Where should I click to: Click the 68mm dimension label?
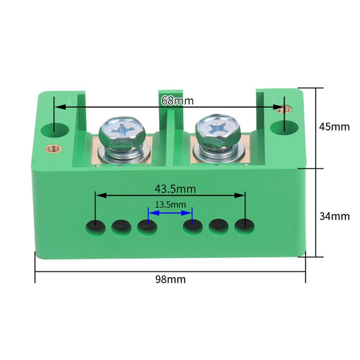pos(177,101)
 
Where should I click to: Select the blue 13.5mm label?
pos(170,205)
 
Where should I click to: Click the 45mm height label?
pos(334,127)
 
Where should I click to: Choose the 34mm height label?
pos(334,216)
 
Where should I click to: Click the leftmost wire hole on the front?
pos(95,227)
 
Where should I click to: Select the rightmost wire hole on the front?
pos(245,226)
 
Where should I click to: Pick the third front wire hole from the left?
pos(147,227)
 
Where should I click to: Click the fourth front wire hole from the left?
pos(193,226)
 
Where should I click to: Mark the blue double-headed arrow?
pos(170,213)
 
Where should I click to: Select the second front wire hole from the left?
pos(121,227)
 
